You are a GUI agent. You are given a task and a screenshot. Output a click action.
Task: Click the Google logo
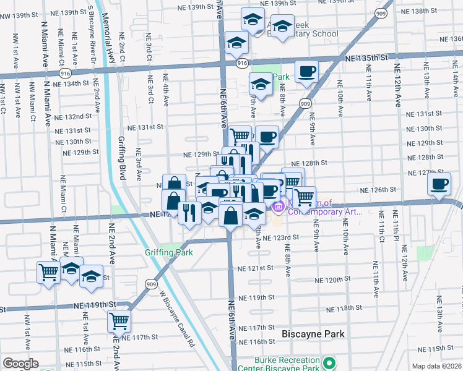21,364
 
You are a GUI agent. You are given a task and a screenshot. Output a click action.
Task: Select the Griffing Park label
169,252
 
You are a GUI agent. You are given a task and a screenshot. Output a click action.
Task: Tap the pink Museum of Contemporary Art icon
278,207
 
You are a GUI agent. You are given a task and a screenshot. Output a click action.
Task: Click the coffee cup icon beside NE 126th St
440,184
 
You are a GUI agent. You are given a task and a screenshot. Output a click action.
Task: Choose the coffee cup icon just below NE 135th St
306,72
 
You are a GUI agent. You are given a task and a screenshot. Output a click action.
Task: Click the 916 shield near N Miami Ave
65,73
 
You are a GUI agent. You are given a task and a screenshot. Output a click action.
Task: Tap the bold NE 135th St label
366,58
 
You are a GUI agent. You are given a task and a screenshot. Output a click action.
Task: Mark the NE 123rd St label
280,237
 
